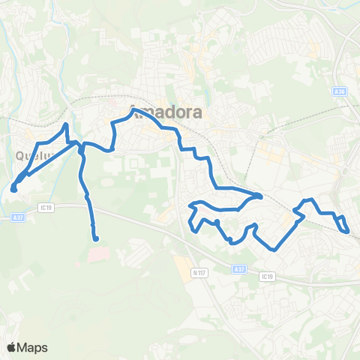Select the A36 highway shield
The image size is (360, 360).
340,91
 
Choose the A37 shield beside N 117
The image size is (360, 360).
238,269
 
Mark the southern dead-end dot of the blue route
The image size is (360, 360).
95,238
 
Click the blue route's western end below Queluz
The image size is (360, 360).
13,189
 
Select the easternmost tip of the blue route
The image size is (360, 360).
348,231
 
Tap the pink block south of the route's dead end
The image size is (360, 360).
97,256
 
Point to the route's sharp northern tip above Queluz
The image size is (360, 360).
67,124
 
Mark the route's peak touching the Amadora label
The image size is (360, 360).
133,110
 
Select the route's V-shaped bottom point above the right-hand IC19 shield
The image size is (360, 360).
274,249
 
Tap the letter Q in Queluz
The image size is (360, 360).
18,157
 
